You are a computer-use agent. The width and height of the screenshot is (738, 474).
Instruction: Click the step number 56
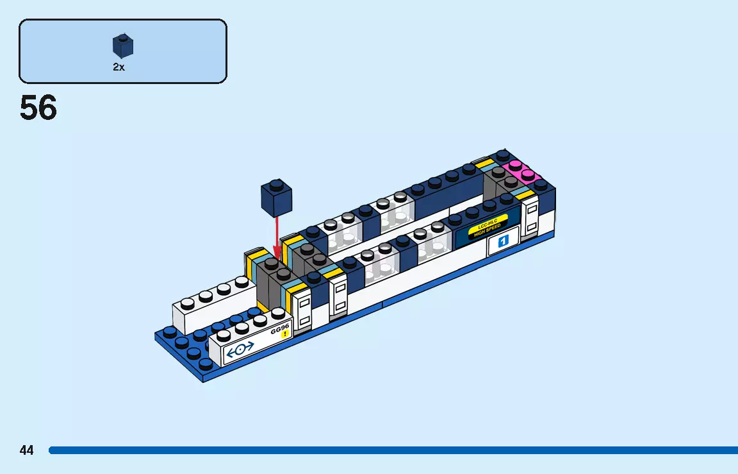(x=38, y=108)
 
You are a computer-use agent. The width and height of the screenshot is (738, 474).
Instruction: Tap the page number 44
(x=26, y=450)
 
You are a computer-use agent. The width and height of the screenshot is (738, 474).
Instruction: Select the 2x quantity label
(x=119, y=67)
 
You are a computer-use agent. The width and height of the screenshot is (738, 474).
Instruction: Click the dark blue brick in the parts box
(x=123, y=46)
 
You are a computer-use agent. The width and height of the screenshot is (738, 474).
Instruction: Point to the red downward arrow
(x=277, y=237)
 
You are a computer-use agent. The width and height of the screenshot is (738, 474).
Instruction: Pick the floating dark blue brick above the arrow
(x=276, y=198)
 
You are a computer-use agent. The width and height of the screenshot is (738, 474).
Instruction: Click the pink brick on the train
(x=521, y=171)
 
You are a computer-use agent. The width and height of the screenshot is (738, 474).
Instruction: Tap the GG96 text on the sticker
(x=280, y=329)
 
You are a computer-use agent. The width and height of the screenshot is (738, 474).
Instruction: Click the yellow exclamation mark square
(x=285, y=334)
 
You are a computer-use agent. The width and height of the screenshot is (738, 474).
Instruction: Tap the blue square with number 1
(x=503, y=241)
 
